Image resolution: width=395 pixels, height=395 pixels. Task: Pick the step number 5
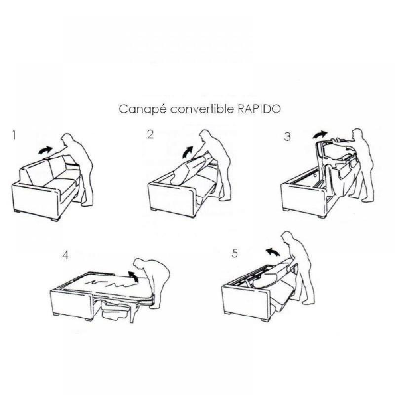(x=235, y=253)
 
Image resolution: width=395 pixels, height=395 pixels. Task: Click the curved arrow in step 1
(x=45, y=149)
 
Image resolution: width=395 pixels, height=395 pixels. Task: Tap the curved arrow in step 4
(x=131, y=275)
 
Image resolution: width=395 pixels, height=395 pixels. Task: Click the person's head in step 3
(x=358, y=136)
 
